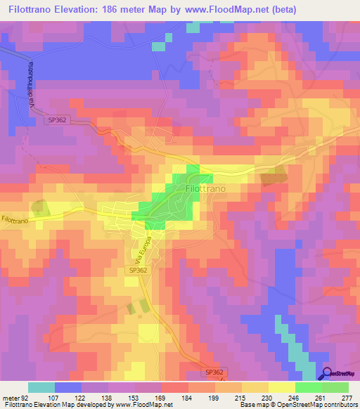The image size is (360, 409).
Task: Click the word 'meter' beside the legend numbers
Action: tap(11, 398)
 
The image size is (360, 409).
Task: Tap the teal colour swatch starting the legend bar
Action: tap(41, 387)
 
